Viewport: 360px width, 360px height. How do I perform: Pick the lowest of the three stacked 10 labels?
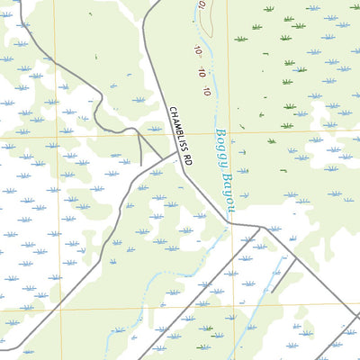(206, 91)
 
